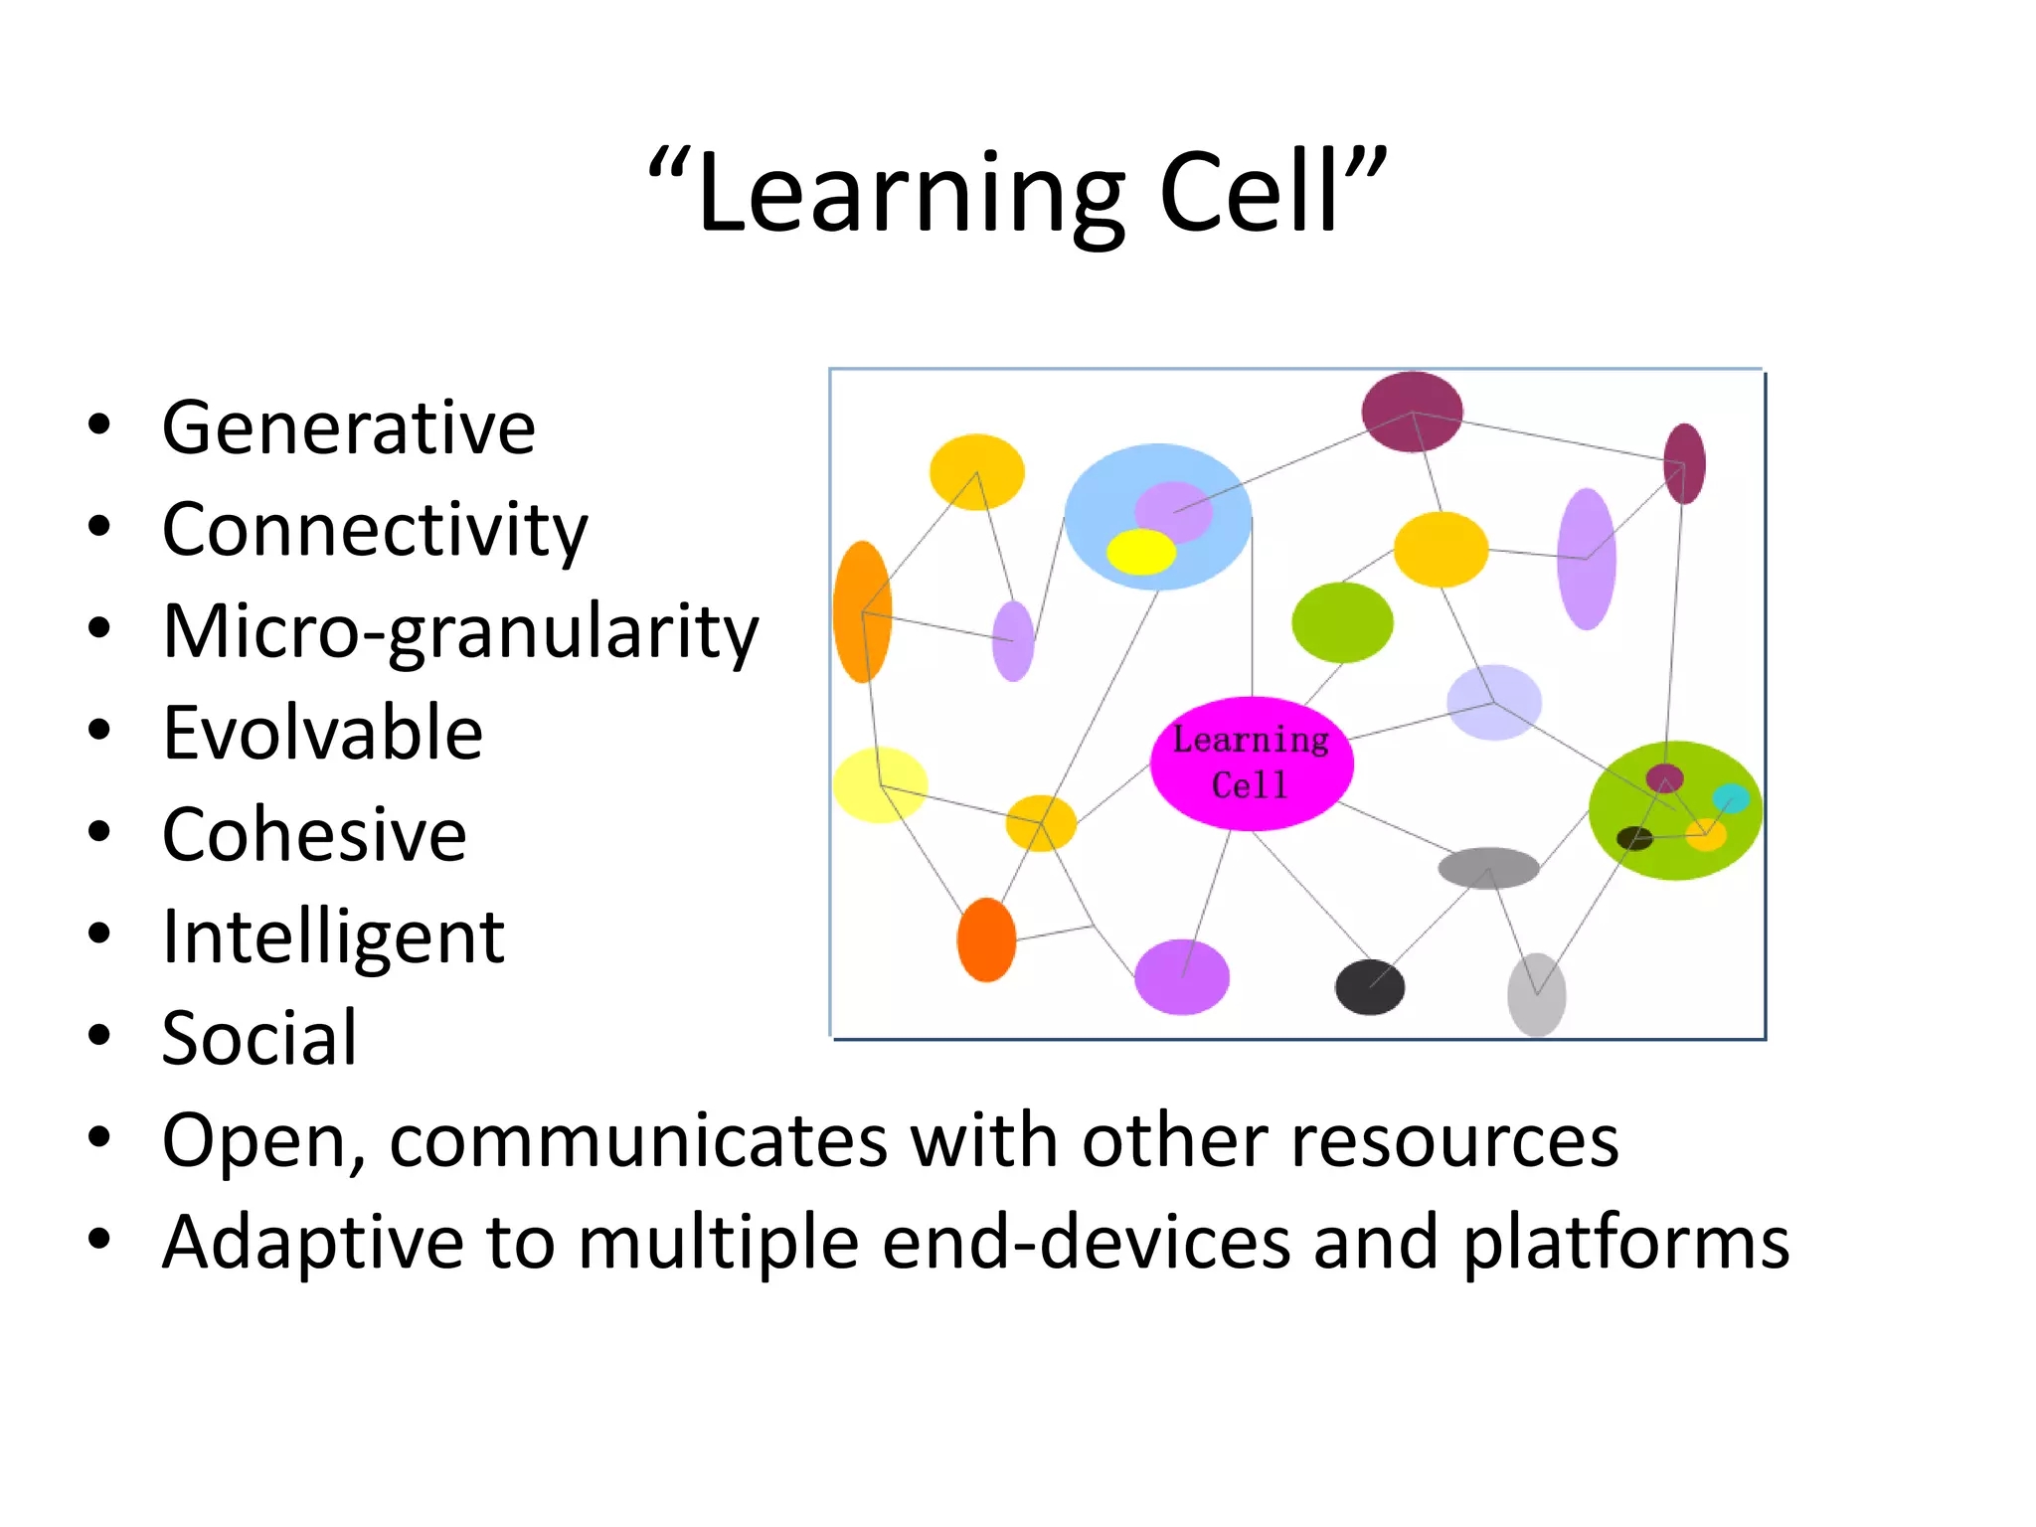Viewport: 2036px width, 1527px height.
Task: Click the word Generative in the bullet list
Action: [x=348, y=427]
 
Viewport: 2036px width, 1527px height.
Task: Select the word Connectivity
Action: [x=375, y=530]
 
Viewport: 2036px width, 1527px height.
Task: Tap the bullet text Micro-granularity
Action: [x=460, y=632]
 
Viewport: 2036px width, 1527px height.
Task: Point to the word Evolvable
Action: [x=322, y=734]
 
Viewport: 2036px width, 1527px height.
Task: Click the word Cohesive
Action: [x=314, y=835]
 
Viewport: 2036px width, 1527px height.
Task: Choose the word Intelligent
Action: [x=333, y=937]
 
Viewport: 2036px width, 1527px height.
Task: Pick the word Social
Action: [x=259, y=1039]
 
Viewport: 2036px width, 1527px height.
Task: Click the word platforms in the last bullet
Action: [x=1626, y=1243]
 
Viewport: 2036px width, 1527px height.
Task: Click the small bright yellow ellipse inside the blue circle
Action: [x=1141, y=552]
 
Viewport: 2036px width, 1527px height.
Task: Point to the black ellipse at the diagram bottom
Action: [x=1369, y=987]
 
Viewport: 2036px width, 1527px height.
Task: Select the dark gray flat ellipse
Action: [x=1488, y=868]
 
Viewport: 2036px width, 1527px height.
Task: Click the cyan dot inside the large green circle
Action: [x=1731, y=798]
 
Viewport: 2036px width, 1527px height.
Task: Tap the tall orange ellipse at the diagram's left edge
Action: [x=861, y=611]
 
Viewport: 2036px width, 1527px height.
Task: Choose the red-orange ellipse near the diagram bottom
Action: [x=986, y=939]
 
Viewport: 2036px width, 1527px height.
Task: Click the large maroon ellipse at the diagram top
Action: [x=1412, y=412]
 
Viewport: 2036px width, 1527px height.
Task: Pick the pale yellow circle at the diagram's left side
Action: [x=880, y=785]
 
